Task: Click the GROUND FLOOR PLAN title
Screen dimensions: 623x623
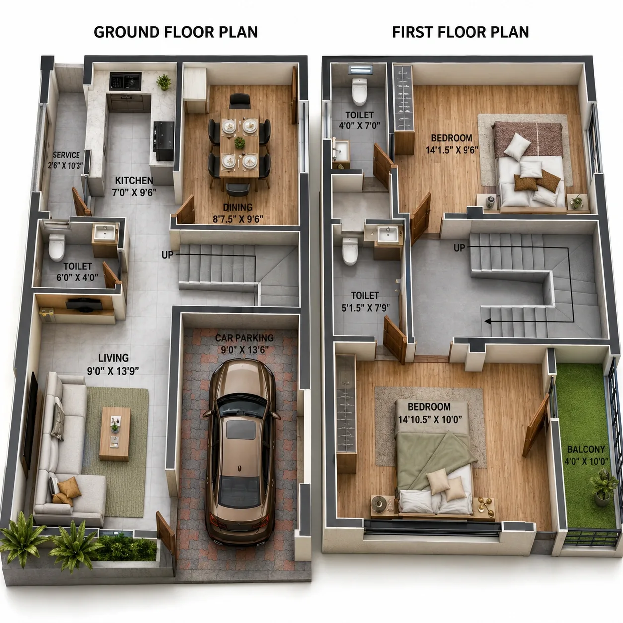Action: [x=176, y=32]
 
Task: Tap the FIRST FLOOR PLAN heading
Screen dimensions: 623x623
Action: [x=461, y=32]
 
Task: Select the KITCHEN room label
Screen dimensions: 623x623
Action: [x=134, y=180]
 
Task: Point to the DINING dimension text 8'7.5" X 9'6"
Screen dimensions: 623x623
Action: [x=238, y=219]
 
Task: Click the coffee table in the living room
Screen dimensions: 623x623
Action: [x=115, y=434]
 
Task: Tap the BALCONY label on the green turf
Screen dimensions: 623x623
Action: [x=586, y=449]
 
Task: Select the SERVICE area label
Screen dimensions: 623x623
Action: [x=66, y=155]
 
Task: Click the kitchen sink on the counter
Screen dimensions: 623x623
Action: [x=125, y=81]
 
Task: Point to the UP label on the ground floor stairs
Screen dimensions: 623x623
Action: [x=167, y=255]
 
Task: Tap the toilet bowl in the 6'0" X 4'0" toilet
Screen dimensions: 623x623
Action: [x=57, y=247]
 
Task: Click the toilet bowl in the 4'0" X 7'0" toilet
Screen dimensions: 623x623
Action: [x=360, y=92]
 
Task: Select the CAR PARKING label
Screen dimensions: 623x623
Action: [x=244, y=338]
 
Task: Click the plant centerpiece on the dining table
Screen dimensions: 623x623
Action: [x=240, y=142]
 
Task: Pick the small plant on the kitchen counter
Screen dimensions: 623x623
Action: [x=164, y=82]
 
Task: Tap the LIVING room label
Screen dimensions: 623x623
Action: [x=113, y=358]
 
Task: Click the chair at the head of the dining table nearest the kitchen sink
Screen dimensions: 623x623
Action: [x=239, y=101]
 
